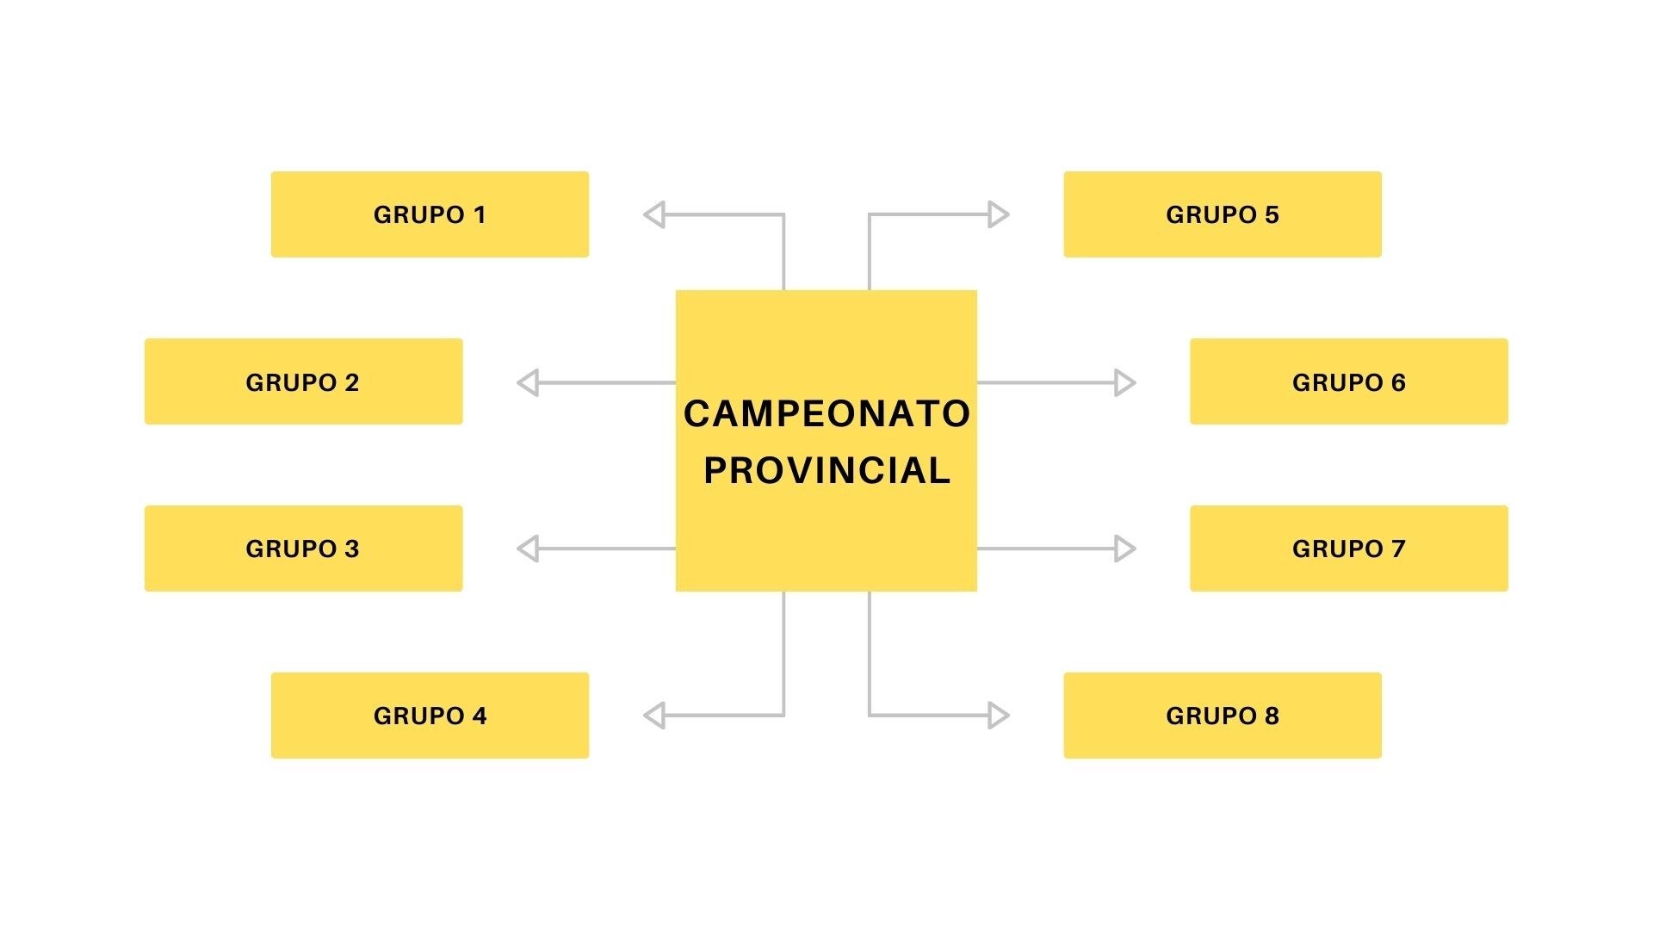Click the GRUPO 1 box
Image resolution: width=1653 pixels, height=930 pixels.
[430, 214]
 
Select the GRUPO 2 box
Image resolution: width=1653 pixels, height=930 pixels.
[303, 381]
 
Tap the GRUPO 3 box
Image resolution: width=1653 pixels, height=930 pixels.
[303, 549]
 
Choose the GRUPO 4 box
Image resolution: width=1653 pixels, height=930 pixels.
[430, 716]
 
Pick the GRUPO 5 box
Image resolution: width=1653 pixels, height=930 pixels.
[1223, 214]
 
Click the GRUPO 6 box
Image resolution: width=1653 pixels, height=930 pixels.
[1348, 381]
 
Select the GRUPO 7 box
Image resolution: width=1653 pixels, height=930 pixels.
[1348, 549]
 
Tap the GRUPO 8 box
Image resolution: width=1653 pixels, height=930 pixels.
[1223, 716]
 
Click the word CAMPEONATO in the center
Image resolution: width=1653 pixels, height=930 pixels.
[826, 414]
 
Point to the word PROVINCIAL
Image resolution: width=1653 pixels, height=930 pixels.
[826, 471]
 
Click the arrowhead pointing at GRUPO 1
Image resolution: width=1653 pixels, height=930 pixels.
[655, 214]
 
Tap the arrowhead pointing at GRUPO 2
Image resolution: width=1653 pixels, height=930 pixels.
[529, 382]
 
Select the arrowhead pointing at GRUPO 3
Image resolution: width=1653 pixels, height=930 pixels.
[529, 549]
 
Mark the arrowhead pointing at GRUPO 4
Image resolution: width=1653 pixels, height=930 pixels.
[655, 715]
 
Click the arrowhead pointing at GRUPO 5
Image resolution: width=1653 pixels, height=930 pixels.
[998, 214]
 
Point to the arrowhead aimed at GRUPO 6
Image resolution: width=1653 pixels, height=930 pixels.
[1124, 382]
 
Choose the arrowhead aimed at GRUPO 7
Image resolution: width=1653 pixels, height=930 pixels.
[1124, 549]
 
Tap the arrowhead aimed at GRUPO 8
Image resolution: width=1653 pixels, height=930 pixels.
[998, 715]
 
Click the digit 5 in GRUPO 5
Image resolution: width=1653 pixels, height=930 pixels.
[1272, 214]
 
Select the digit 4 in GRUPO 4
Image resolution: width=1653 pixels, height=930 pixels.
[479, 716]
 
